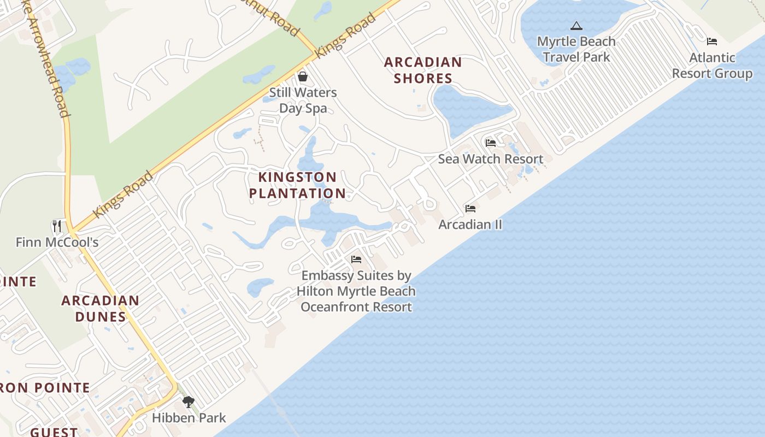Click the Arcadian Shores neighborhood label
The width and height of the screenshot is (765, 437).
coord(423,70)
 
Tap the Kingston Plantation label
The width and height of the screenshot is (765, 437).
coord(297,185)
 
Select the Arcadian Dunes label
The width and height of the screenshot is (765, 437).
coord(100,309)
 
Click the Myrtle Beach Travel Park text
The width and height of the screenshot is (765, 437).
coord(576,49)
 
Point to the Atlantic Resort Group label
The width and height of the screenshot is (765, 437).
coord(711,66)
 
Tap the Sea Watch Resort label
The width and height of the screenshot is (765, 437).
coord(490,159)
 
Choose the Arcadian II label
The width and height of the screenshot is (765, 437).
coord(470,225)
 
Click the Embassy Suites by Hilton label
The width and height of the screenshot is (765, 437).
coord(356,291)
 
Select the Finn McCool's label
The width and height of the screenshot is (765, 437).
coord(57,242)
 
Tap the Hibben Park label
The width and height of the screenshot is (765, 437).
coord(189,418)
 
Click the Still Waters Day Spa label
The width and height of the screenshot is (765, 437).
coord(303,100)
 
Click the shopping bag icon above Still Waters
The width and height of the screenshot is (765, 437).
coord(303,76)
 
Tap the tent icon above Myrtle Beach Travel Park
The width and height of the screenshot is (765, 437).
coord(576,26)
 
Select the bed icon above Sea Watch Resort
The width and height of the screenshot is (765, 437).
coord(491,143)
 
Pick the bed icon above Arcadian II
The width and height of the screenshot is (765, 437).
coord(470,209)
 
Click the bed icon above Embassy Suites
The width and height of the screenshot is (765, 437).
coord(356,259)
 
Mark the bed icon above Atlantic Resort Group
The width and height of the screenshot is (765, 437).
coord(711,42)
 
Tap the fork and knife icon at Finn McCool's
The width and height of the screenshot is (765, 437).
coord(57,226)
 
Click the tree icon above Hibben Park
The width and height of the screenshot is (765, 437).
coord(189,403)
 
